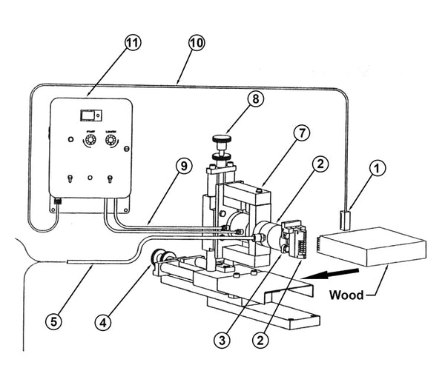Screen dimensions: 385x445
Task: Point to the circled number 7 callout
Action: pos(300,133)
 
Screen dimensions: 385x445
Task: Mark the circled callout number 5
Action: pos(53,322)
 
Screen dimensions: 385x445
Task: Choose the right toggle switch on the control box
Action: pos(110,179)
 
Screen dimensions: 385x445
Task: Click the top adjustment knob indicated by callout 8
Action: pos(220,138)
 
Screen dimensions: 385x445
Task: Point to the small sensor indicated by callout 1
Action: pos(344,219)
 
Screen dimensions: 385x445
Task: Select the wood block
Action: pos(371,248)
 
